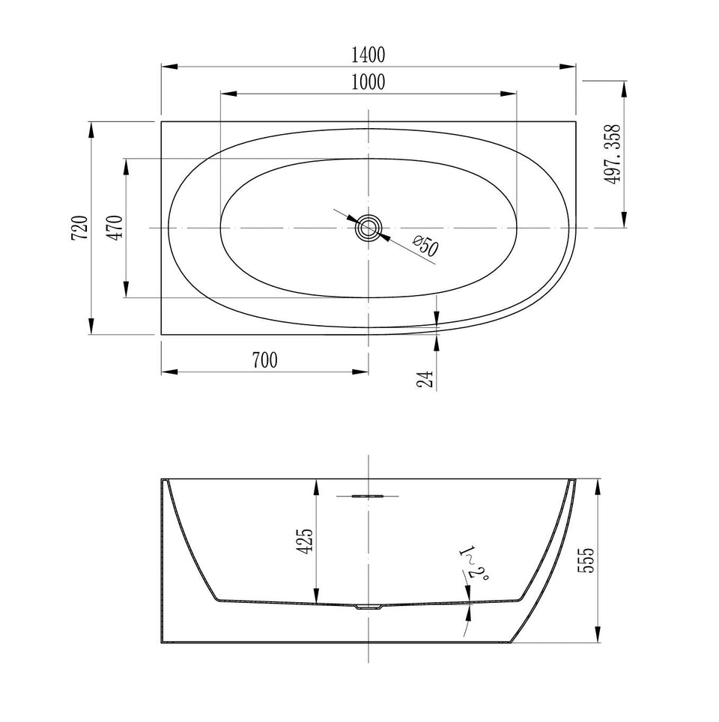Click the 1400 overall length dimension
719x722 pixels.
[x=368, y=55]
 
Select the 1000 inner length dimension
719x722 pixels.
[x=368, y=82]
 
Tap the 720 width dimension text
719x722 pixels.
[x=79, y=228]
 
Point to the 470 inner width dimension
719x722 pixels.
[x=115, y=228]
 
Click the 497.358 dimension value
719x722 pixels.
[x=612, y=154]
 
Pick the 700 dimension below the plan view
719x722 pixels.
[x=265, y=360]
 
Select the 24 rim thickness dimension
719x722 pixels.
[x=425, y=378]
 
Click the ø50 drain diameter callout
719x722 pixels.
[x=425, y=246]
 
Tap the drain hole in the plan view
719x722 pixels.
[x=368, y=228]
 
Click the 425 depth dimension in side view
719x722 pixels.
[x=305, y=541]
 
